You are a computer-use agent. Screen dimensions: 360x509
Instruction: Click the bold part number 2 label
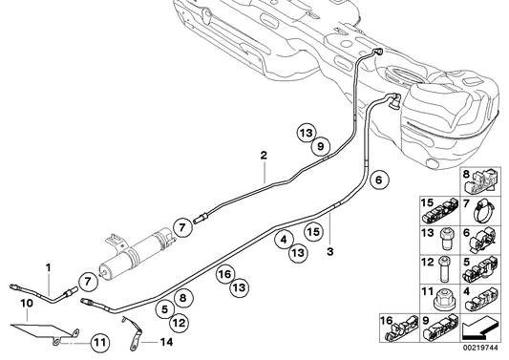(263, 154)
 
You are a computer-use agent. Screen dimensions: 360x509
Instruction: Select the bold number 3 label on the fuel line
(329, 253)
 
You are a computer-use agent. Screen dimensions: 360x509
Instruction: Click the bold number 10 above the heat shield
(27, 303)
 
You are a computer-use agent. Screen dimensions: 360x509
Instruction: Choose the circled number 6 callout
(378, 178)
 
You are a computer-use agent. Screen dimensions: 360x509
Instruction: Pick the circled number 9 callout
(322, 145)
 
